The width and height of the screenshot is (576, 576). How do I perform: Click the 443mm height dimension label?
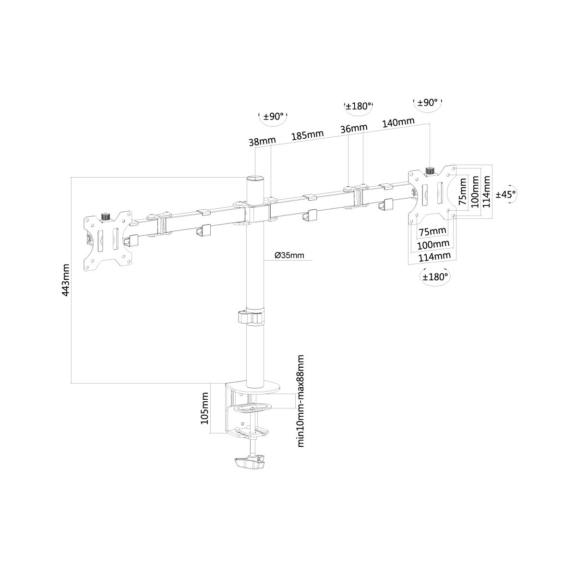point(65,280)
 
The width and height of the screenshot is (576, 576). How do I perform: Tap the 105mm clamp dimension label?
point(205,408)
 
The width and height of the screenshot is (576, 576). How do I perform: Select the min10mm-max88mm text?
point(300,405)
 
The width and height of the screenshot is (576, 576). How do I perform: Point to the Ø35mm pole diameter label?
point(289,255)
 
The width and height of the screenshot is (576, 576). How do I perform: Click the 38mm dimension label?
point(262,141)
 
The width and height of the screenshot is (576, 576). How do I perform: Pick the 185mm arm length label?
point(308,135)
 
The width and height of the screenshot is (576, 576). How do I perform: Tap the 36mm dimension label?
point(354,128)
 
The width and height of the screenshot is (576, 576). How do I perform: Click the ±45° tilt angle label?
point(506,194)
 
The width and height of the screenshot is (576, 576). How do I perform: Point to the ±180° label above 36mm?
point(359,106)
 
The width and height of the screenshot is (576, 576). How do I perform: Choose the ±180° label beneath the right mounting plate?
point(435,277)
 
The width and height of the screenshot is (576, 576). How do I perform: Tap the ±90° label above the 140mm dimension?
point(428,103)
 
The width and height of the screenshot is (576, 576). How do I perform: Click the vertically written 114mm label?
point(486,192)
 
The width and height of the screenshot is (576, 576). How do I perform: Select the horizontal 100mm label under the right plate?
point(433,244)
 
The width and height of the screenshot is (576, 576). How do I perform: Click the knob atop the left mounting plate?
point(105,217)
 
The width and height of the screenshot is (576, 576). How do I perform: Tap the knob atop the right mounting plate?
point(430,171)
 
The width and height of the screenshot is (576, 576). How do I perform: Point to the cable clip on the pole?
point(252,317)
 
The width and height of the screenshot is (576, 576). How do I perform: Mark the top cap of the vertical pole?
point(255,179)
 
